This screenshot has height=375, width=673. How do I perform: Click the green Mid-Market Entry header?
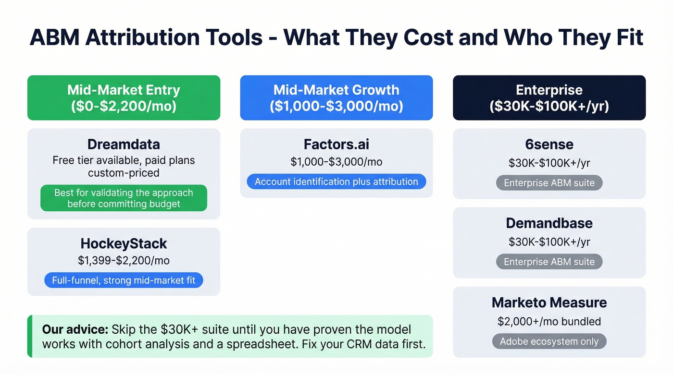pos(124,97)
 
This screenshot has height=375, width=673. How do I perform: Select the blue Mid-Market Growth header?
pos(336,97)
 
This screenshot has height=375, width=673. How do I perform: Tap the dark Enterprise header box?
pos(549,97)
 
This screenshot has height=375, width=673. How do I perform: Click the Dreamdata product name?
pos(124,144)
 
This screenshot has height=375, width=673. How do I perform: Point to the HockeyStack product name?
pos(124,243)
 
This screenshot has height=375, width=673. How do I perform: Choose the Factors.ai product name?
pos(336,144)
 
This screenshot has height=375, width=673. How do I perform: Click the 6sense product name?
pos(549,144)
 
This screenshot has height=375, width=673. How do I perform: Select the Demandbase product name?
pos(549,223)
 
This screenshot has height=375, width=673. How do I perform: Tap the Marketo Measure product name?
pos(549,302)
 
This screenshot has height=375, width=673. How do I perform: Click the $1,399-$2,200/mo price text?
pos(124,261)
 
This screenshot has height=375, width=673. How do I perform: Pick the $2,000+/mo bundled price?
pos(549,321)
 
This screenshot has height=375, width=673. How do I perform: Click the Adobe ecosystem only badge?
pos(549,341)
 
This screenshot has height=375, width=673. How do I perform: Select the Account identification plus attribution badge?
pos(336,181)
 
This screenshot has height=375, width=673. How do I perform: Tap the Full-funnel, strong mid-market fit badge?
pos(124,280)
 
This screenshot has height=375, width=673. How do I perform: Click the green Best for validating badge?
pos(124,198)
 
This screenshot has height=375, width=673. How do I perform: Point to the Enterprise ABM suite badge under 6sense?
pos(549,183)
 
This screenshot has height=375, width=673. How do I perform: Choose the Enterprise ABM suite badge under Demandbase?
pos(549,262)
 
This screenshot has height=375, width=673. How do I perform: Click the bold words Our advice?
pos(75,330)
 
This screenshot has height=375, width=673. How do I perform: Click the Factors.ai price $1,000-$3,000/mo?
pos(336,162)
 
